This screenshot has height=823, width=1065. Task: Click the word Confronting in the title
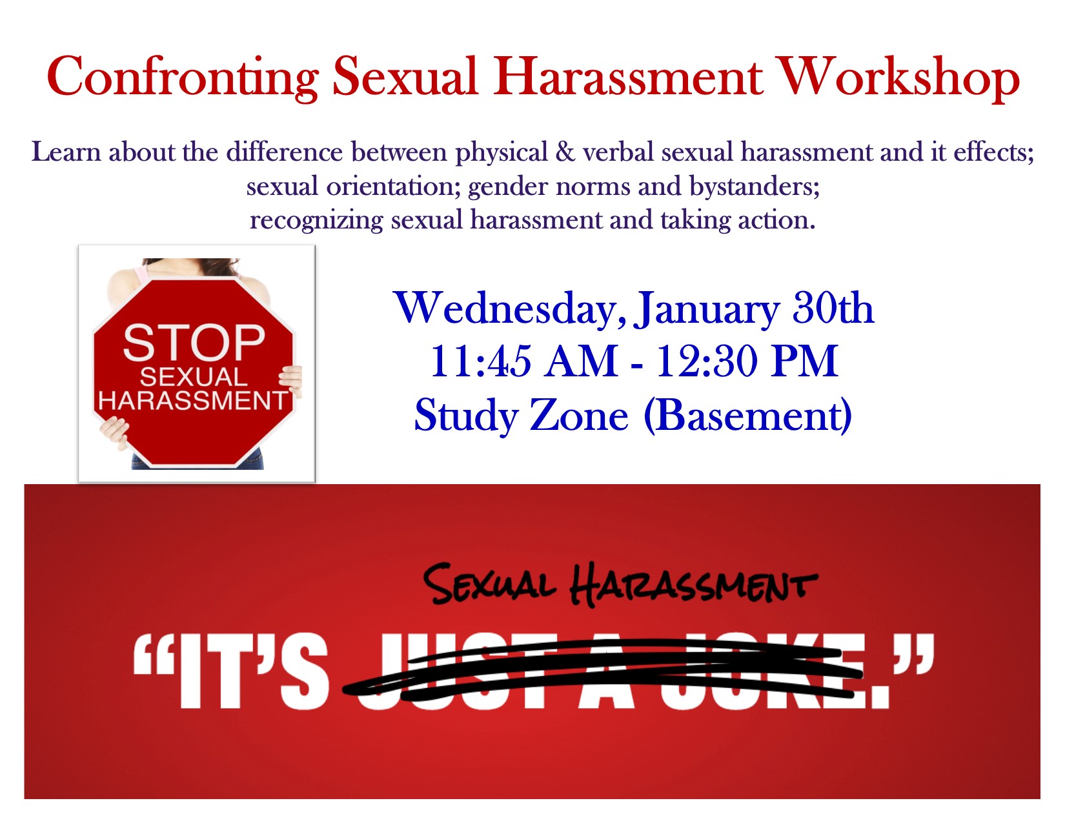pos(182,79)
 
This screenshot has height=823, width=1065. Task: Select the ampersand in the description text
pos(565,152)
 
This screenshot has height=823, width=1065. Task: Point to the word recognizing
pos(316,221)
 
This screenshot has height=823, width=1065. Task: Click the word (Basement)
pos(748,416)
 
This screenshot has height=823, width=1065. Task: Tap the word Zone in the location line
pos(579,416)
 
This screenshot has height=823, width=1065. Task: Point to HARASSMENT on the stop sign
pos(192,400)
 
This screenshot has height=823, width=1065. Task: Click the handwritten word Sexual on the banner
pos(489,584)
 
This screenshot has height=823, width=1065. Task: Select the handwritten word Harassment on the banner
pos(693,584)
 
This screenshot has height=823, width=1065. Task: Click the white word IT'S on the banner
pos(254,672)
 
